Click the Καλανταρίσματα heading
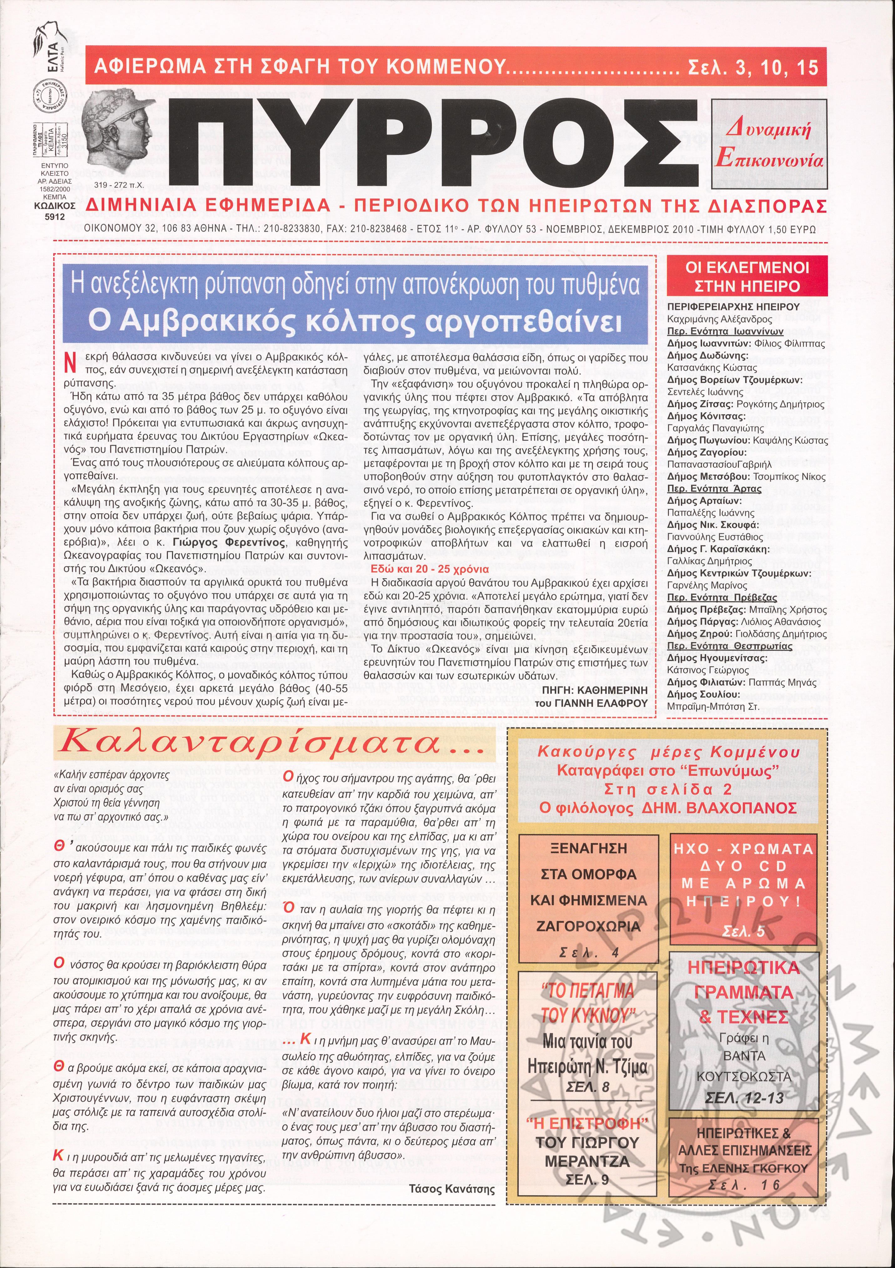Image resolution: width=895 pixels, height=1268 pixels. tap(274, 745)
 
